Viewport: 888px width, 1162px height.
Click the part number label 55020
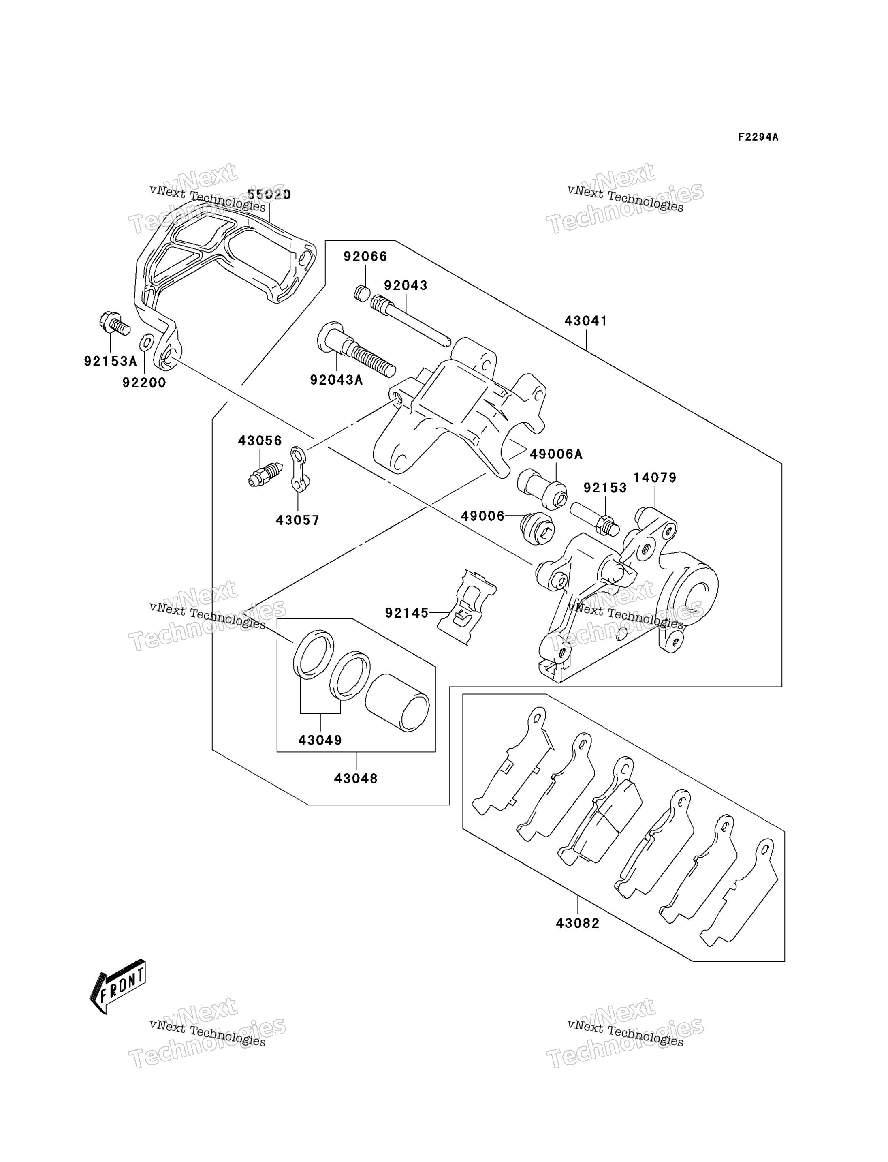point(269,195)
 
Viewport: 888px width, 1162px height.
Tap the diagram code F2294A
point(758,137)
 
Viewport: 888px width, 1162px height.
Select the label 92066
point(365,257)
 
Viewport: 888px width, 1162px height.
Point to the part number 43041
point(586,321)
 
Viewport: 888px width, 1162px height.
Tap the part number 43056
point(260,441)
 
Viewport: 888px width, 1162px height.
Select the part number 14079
point(655,477)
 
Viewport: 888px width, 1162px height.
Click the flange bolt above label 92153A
point(114,323)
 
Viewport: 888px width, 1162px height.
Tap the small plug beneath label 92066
point(362,293)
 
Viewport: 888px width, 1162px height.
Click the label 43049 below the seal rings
point(320,740)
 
